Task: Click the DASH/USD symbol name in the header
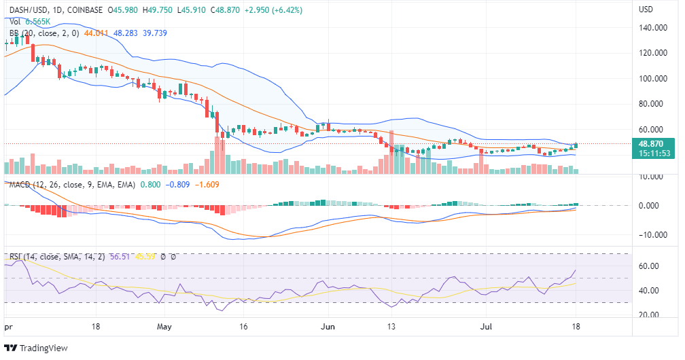(x=27, y=10)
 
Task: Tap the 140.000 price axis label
(x=652, y=28)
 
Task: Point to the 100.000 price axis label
(x=652, y=79)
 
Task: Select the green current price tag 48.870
(x=656, y=144)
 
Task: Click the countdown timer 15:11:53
(x=656, y=154)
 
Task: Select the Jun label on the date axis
(x=328, y=327)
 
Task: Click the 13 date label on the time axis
(x=391, y=327)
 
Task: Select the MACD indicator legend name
(x=21, y=184)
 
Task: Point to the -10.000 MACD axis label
(x=653, y=235)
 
